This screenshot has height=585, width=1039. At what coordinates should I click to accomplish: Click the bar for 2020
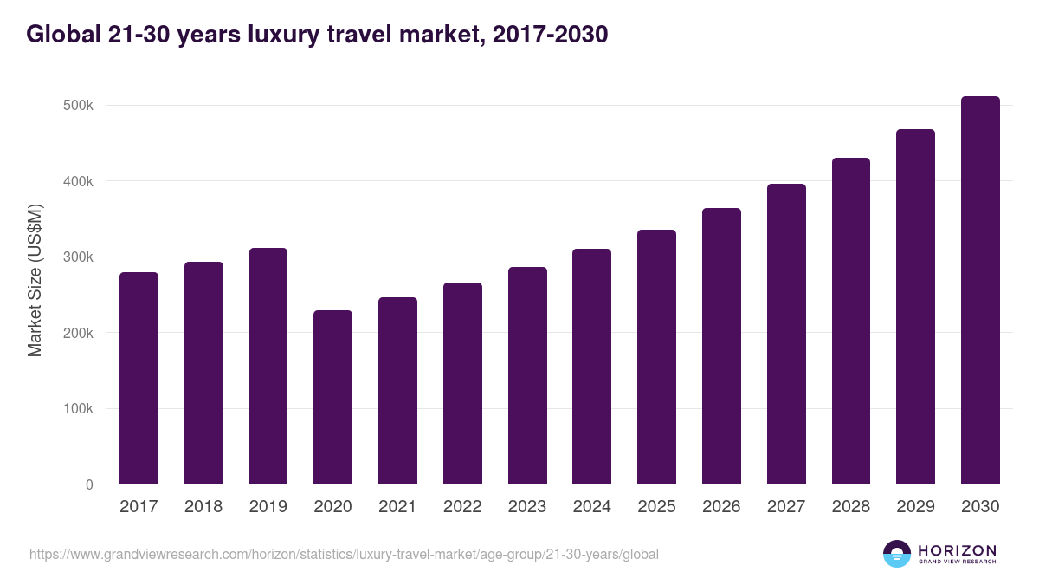pyautogui.click(x=332, y=397)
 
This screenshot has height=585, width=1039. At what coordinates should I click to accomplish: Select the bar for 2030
pyautogui.click(x=980, y=290)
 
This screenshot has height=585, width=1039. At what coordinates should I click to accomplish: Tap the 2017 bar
pyautogui.click(x=139, y=378)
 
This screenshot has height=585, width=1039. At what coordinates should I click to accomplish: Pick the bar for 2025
pyautogui.click(x=656, y=357)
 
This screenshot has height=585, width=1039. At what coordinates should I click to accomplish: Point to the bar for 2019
pyautogui.click(x=268, y=366)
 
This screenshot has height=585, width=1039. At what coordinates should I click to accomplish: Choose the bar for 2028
pyautogui.click(x=850, y=321)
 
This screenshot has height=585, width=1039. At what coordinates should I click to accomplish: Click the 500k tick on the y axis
pyautogui.click(x=78, y=106)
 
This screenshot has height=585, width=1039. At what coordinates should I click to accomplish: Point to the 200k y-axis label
pyautogui.click(x=78, y=333)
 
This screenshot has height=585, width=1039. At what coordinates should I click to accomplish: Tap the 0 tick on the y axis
pyautogui.click(x=88, y=484)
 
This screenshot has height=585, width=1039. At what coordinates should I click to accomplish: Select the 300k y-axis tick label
pyautogui.click(x=78, y=257)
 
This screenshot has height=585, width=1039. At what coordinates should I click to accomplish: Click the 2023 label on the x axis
pyautogui.click(x=527, y=507)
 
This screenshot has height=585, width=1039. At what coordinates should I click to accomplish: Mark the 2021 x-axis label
pyautogui.click(x=397, y=507)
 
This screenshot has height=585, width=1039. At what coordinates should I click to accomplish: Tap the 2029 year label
pyautogui.click(x=915, y=507)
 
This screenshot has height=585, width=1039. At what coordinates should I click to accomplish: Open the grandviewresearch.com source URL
pyautogui.click(x=344, y=554)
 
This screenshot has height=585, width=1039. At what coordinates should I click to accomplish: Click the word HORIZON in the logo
pyautogui.click(x=956, y=550)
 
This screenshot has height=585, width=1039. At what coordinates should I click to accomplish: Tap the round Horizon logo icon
pyautogui.click(x=897, y=554)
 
